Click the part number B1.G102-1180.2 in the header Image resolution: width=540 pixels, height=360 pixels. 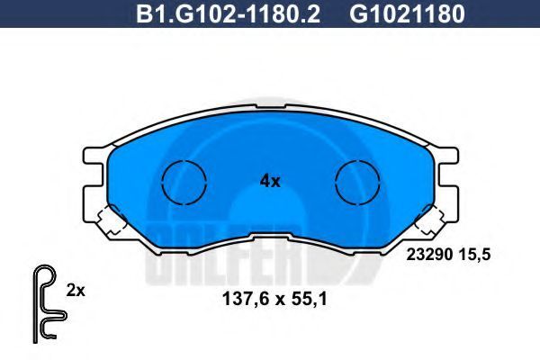pyautogui.click(x=229, y=14)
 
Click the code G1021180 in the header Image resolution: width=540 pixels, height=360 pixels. pyautogui.click(x=407, y=14)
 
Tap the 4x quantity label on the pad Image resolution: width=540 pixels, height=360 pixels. pyautogui.click(x=270, y=181)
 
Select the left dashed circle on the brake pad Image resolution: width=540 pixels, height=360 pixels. pyautogui.click(x=184, y=183)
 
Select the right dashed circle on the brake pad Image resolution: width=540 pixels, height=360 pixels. pyautogui.click(x=357, y=183)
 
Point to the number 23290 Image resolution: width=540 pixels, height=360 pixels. pyautogui.click(x=429, y=255)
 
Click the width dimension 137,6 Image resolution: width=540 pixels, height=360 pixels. pyautogui.click(x=245, y=299)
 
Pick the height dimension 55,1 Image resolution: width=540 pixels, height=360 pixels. pyautogui.click(x=309, y=299)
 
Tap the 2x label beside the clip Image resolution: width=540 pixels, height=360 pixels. pyautogui.click(x=76, y=291)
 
